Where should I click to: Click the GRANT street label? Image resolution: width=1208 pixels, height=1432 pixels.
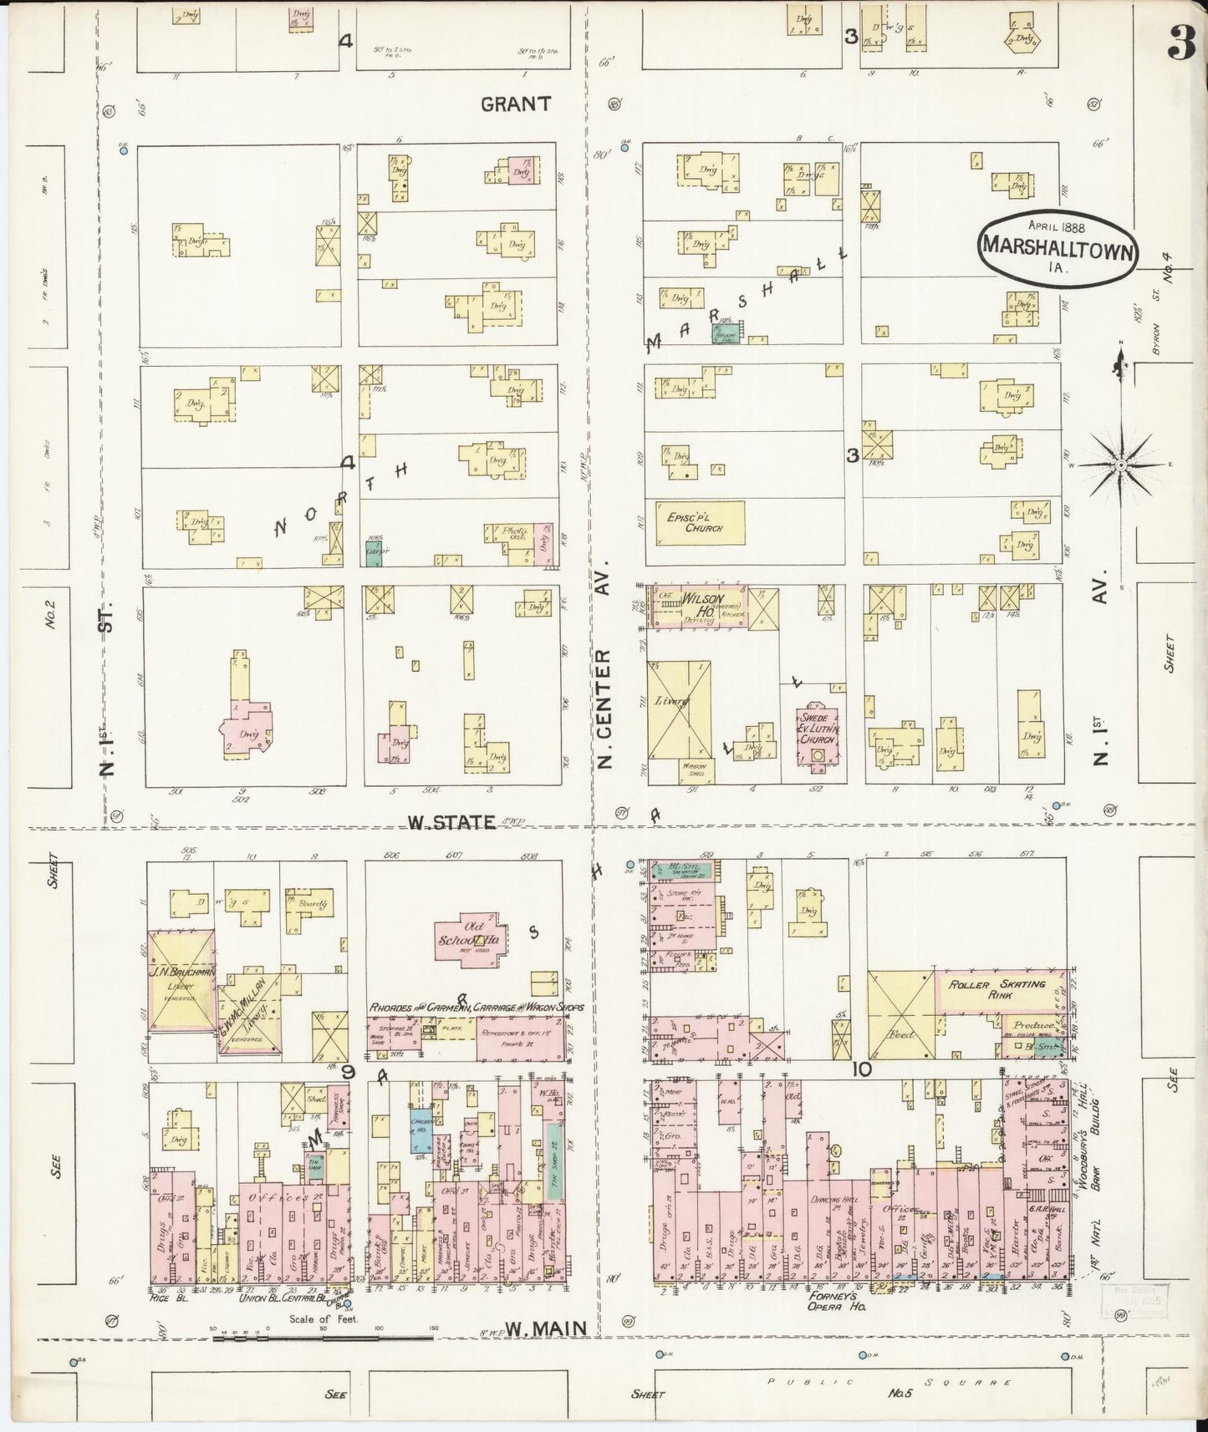(x=516, y=104)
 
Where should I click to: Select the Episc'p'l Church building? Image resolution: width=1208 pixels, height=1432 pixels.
(x=694, y=522)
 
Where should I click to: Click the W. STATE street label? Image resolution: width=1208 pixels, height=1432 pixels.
(x=451, y=822)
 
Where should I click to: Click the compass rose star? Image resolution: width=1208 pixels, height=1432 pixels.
(x=1120, y=464)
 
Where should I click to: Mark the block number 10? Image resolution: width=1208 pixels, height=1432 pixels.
(x=861, y=1069)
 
